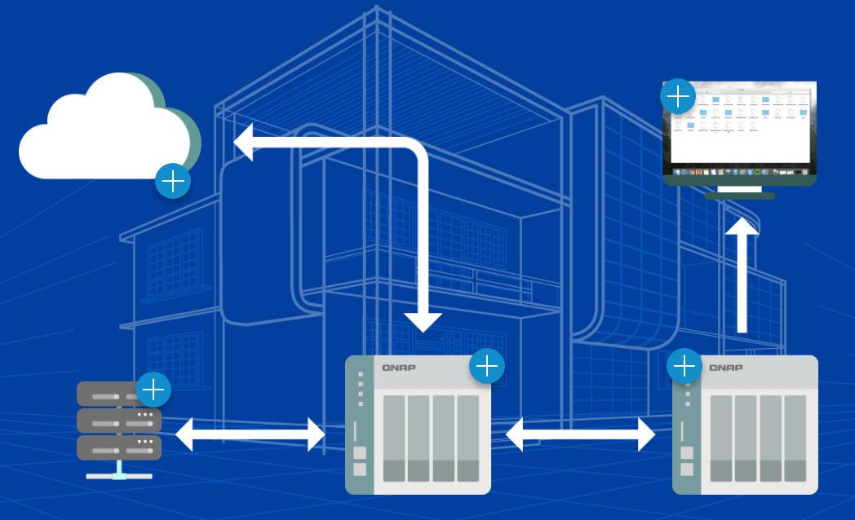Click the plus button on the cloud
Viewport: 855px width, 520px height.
(173, 181)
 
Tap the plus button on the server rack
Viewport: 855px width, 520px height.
(153, 390)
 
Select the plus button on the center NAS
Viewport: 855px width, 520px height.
(487, 367)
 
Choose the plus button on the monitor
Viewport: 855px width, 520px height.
(678, 97)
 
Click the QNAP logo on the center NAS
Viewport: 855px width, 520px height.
(399, 368)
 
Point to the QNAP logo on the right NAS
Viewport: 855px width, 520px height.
(726, 368)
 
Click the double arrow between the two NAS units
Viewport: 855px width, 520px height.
(580, 434)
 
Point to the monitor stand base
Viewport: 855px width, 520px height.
(739, 196)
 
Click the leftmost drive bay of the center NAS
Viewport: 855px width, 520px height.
(394, 438)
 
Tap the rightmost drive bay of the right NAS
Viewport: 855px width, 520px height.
(795, 438)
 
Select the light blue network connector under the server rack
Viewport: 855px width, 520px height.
(120, 472)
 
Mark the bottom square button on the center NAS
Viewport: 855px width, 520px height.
(360, 469)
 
